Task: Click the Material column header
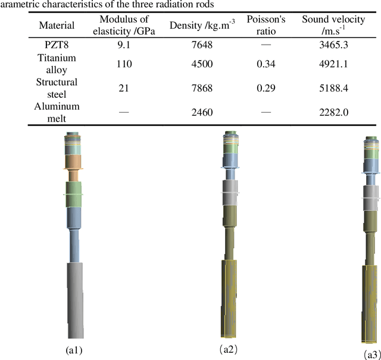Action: pos(57,26)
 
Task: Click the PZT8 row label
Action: pos(57,45)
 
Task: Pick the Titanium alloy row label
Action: pos(57,64)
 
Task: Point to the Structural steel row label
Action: pos(57,88)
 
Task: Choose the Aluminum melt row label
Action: pos(57,112)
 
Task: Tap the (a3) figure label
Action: pos(372,353)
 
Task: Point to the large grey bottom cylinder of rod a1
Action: pos(76,298)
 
